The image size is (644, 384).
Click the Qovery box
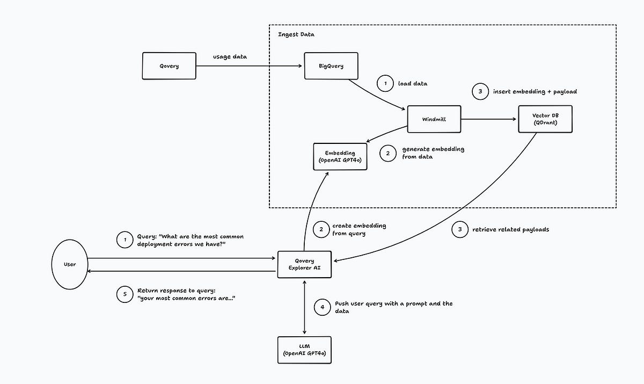[x=169, y=66]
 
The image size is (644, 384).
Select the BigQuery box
[x=331, y=66]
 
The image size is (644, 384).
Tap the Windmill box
[x=434, y=119]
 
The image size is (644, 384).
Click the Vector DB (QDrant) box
[x=545, y=119]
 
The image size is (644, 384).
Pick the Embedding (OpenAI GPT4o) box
[x=340, y=157]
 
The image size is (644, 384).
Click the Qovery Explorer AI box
[x=304, y=265]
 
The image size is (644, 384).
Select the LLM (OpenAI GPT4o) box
[x=304, y=350]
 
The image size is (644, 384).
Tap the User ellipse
[x=70, y=264]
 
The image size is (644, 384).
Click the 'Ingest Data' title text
[x=296, y=35]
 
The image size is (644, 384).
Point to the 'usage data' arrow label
[x=230, y=56]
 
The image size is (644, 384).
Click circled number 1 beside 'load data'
[x=385, y=84]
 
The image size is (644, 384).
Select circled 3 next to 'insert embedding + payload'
[x=480, y=92]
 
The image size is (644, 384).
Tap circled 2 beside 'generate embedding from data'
[x=388, y=153]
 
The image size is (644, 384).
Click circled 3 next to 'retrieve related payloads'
[x=459, y=230]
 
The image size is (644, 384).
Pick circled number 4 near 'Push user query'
[x=322, y=307]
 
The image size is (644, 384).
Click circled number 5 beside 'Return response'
[x=125, y=294]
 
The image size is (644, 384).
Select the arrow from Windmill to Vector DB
[x=488, y=119]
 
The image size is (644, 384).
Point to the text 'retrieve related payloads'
[x=510, y=230]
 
